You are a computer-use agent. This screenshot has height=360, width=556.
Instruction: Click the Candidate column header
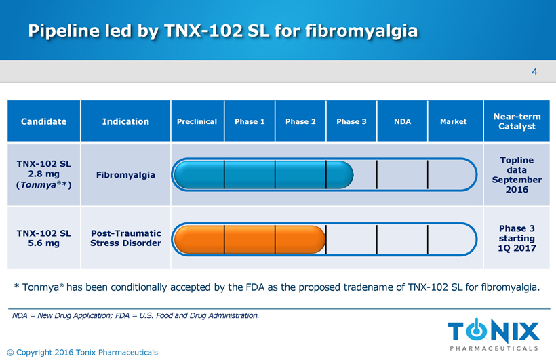click(x=43, y=121)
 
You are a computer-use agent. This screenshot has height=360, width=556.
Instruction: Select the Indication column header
click(x=125, y=121)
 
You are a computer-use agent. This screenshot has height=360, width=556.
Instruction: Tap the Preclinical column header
click(x=197, y=121)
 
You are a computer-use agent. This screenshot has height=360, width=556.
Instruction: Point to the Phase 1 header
click(x=250, y=121)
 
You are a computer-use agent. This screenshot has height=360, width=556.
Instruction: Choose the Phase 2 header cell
click(x=300, y=121)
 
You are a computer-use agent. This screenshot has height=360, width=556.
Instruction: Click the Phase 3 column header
click(x=351, y=121)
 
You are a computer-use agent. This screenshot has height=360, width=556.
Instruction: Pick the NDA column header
click(x=402, y=121)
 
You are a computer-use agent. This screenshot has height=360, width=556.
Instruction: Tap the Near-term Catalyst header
click(x=517, y=121)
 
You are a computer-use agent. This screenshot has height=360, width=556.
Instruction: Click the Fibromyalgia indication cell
click(x=125, y=175)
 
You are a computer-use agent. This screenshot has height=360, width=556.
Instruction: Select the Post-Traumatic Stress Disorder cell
click(x=125, y=238)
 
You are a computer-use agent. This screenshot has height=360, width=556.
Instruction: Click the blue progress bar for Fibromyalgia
click(x=264, y=174)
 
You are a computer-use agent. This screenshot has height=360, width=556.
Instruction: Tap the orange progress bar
click(x=250, y=239)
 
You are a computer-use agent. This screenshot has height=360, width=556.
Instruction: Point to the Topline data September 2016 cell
click(x=517, y=175)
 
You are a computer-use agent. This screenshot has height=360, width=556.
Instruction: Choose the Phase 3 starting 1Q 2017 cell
click(x=517, y=238)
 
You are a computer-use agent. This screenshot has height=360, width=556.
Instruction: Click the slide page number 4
click(x=534, y=72)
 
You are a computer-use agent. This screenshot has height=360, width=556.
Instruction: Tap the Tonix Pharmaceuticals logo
click(x=494, y=334)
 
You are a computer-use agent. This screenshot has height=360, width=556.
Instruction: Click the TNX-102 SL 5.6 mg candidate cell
click(x=43, y=238)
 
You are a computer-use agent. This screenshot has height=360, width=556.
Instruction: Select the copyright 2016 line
click(x=82, y=352)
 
